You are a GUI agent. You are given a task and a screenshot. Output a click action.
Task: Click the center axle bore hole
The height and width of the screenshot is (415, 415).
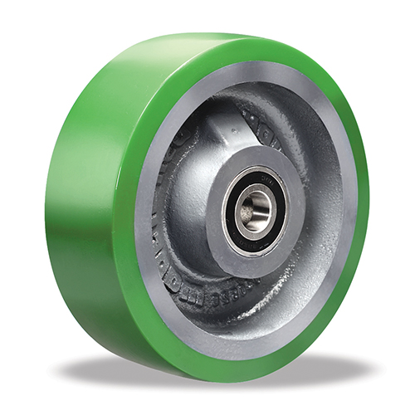pyautogui.click(x=253, y=210)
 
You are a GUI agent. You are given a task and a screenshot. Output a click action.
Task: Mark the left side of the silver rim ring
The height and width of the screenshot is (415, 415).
pyautogui.click(x=142, y=207)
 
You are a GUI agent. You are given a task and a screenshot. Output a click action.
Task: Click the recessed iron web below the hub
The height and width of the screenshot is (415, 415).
pyautogui.click(x=249, y=299)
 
